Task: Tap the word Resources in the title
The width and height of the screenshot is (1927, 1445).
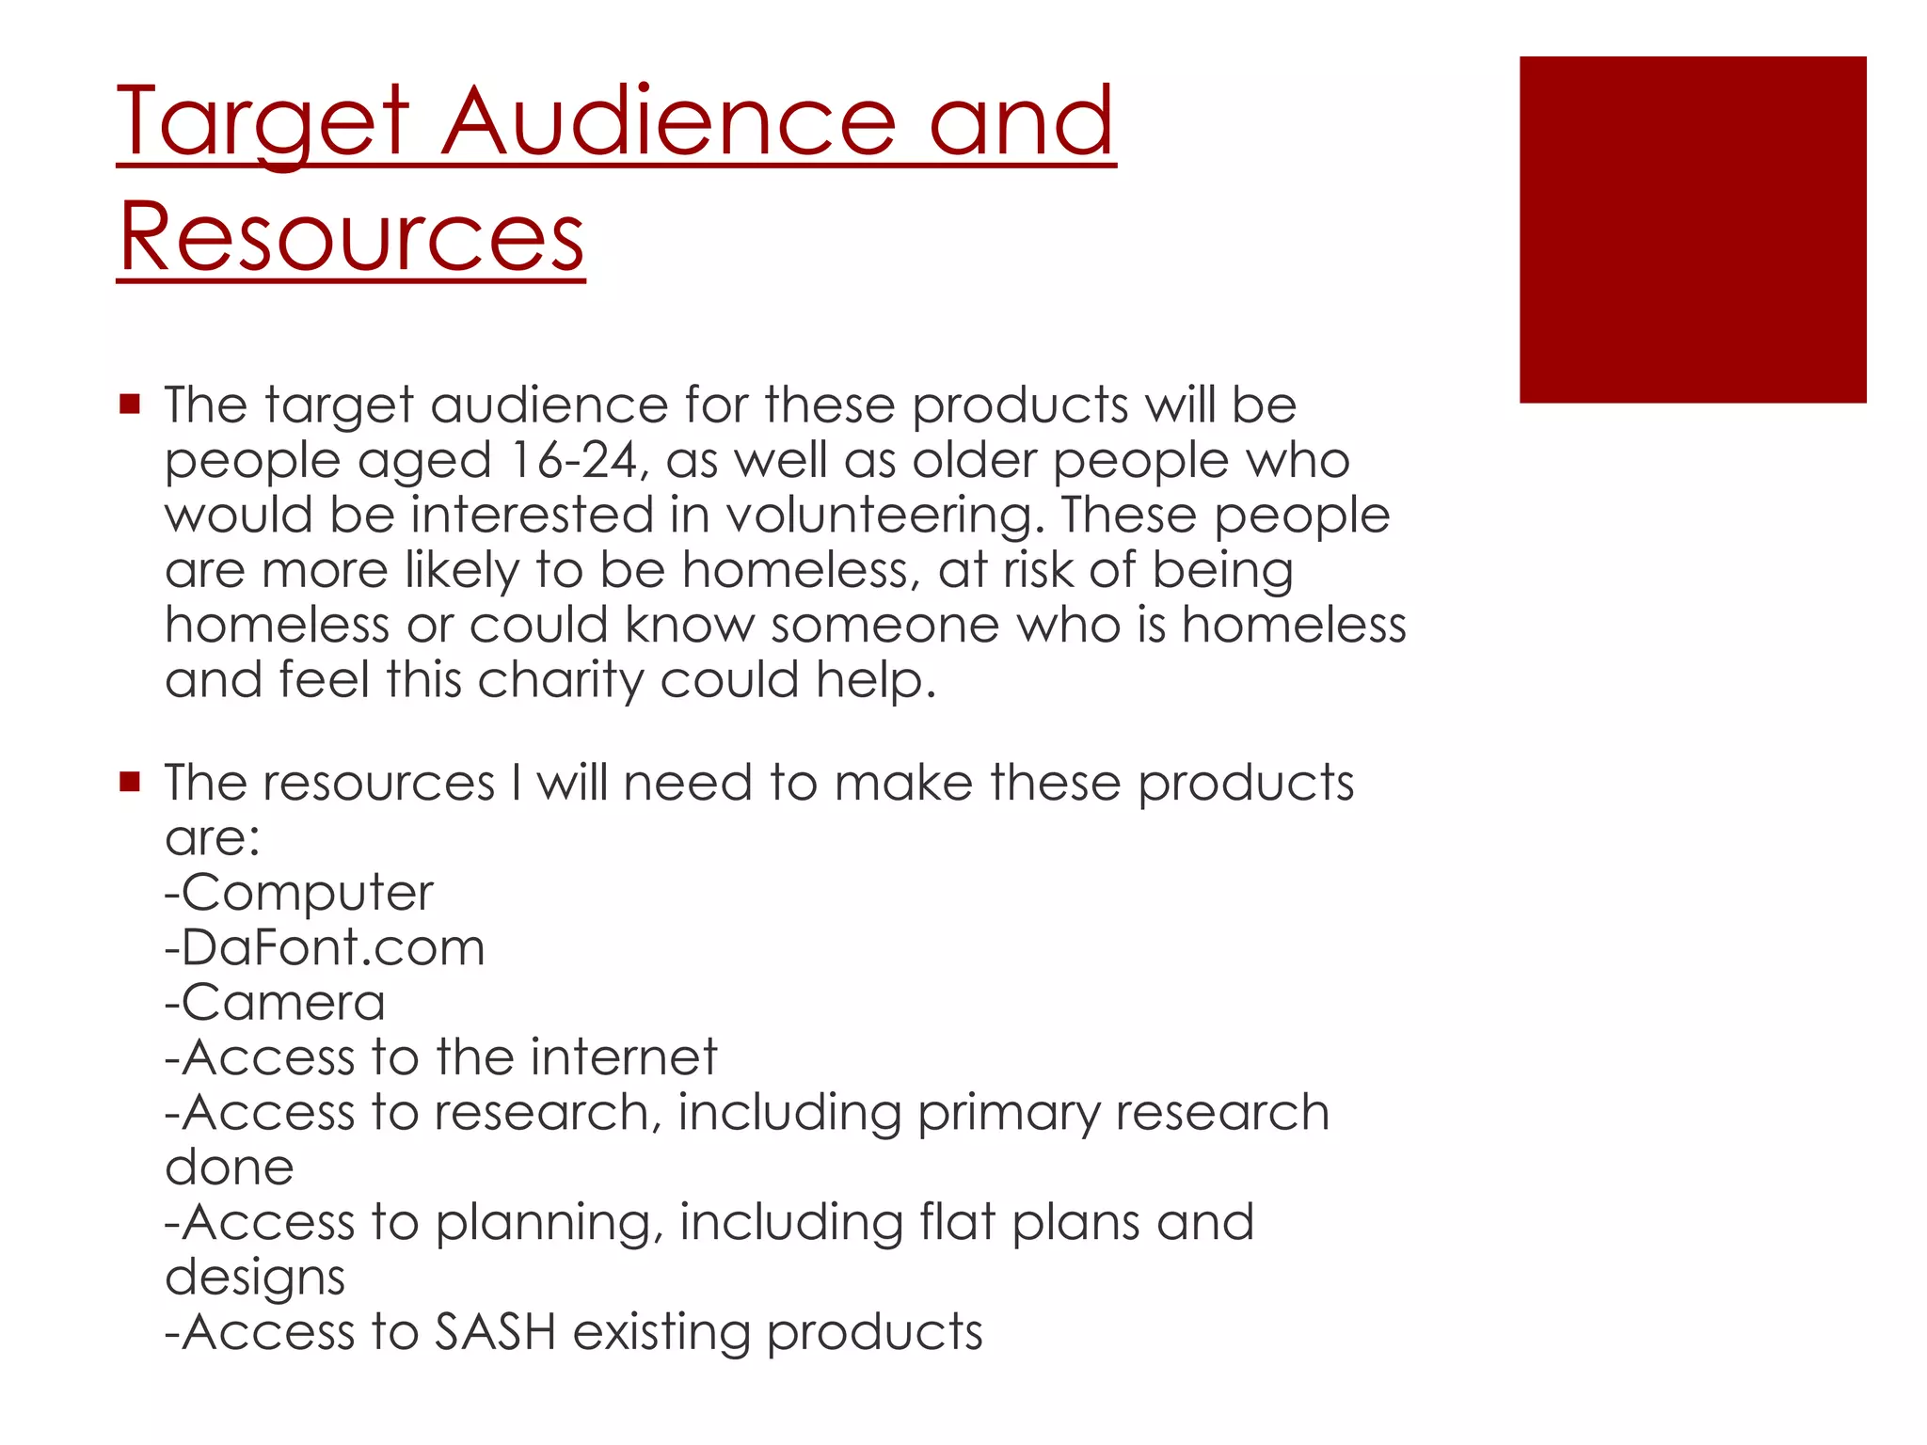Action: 351,237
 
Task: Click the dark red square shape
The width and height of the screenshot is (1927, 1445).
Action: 1692,230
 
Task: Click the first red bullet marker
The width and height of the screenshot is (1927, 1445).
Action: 130,405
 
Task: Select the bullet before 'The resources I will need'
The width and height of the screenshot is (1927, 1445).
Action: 130,782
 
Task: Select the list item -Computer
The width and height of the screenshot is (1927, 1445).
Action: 299,892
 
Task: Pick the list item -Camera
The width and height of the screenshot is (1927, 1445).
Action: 275,1002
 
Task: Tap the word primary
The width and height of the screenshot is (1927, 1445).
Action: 1008,1114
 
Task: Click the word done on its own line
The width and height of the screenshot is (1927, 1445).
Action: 229,1167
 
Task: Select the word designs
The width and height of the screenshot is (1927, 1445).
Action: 255,1278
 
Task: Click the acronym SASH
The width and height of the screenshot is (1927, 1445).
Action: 495,1332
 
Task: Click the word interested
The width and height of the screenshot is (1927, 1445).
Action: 532,516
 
